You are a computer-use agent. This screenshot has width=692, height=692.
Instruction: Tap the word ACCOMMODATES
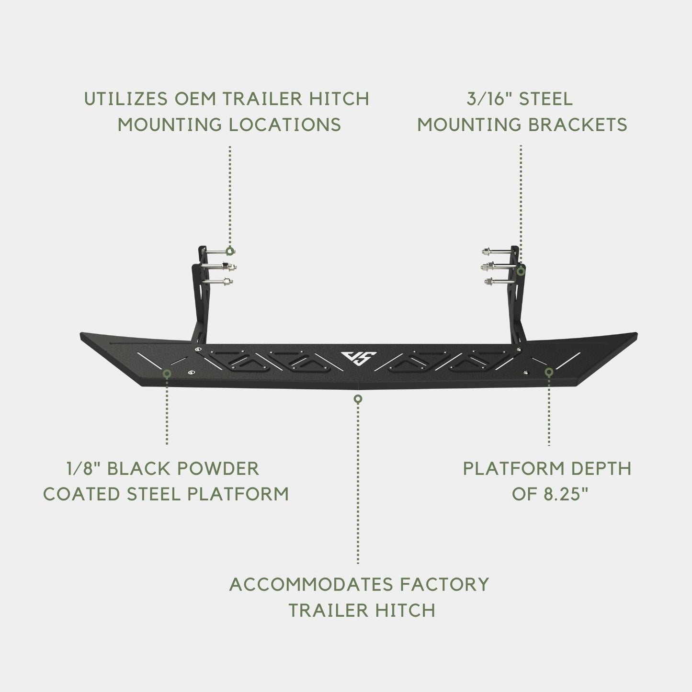tap(311, 584)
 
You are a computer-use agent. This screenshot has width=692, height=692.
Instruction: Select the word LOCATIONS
tap(285, 125)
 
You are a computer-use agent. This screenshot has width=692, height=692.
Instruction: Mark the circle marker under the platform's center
tap(358, 399)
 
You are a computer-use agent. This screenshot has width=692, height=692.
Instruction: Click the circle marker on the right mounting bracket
tap(521, 272)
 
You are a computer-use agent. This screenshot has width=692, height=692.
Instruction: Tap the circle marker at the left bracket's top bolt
tap(230, 250)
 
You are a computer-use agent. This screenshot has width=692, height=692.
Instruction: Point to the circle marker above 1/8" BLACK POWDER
tap(167, 374)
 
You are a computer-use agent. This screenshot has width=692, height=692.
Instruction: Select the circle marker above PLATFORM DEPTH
tap(549, 372)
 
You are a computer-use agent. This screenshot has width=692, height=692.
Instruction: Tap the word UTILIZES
tap(125, 99)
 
